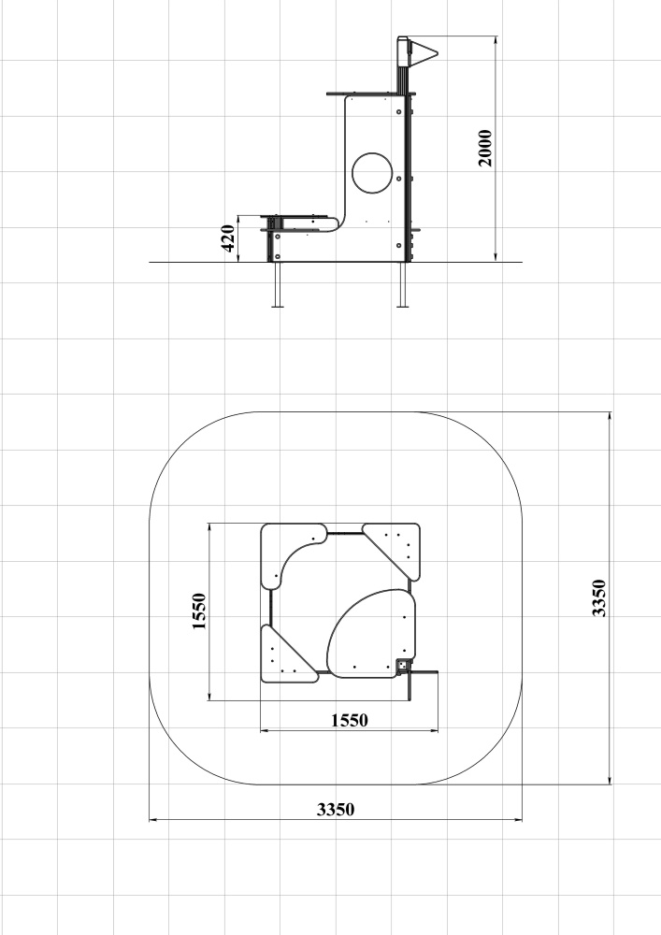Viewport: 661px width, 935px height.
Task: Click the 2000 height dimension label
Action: tap(486, 148)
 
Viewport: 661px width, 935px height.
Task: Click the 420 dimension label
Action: tap(228, 238)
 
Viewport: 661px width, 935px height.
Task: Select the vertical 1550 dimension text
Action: tap(199, 611)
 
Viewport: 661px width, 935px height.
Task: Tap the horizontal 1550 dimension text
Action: tap(350, 720)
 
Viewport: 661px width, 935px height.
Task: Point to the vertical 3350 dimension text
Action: tap(598, 597)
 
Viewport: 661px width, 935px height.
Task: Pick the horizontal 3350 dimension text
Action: tap(336, 809)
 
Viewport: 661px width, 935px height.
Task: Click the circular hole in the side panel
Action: tap(372, 173)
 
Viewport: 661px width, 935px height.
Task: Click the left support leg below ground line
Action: tap(277, 284)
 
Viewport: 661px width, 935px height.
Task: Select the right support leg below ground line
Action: tap(403, 284)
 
